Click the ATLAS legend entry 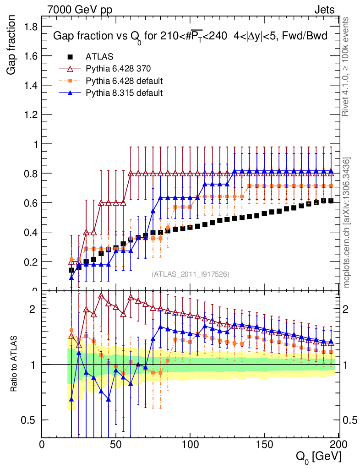pos(99,57)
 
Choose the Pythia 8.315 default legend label pos(124,93)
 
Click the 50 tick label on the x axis pos(116,444)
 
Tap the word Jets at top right pos(324,10)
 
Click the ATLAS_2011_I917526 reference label pos(191,274)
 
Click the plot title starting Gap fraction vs pos(190,36)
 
